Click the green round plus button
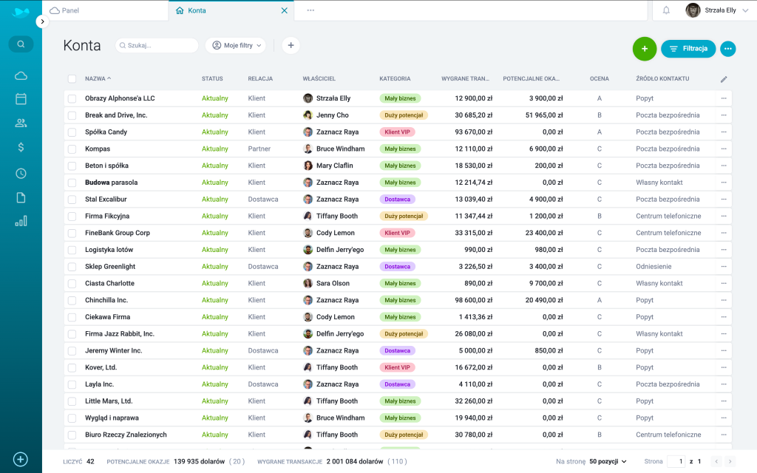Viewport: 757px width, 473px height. click(x=644, y=49)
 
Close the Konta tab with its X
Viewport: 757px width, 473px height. click(x=285, y=10)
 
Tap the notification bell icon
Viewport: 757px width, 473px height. click(x=666, y=10)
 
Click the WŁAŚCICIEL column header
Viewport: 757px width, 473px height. click(x=319, y=78)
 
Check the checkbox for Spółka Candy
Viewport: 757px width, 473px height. click(x=72, y=132)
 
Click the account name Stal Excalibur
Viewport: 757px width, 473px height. click(x=106, y=200)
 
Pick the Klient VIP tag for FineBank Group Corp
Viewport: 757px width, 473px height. click(x=397, y=233)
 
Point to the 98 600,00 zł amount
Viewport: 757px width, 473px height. click(x=473, y=300)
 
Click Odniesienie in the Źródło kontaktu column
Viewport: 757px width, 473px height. click(x=654, y=266)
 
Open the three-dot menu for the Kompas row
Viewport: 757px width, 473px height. click(x=724, y=149)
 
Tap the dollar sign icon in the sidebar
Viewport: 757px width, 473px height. click(x=21, y=147)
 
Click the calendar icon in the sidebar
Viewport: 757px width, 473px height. click(x=21, y=99)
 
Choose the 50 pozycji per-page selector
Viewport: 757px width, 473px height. click(x=608, y=461)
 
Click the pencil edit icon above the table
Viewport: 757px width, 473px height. click(x=724, y=79)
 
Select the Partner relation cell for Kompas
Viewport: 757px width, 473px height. click(x=259, y=149)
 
